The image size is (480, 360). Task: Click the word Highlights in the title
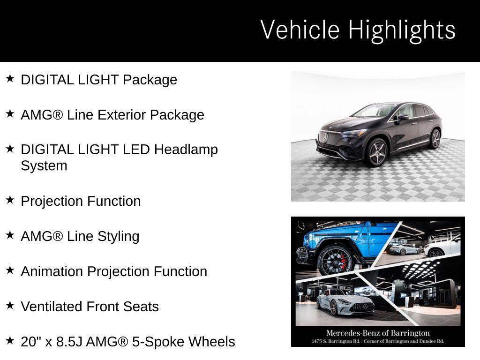[x=402, y=30]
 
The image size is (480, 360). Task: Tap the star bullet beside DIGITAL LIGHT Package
[x=10, y=78]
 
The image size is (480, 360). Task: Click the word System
[x=44, y=165]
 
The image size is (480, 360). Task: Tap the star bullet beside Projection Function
[x=10, y=200]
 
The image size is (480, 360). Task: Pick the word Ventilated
[x=52, y=307]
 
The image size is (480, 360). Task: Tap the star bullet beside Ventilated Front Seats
[x=10, y=305]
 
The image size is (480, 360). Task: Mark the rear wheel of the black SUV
[x=435, y=139]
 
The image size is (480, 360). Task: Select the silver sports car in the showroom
[x=345, y=302]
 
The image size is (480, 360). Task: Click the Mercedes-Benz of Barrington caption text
[x=378, y=333]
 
